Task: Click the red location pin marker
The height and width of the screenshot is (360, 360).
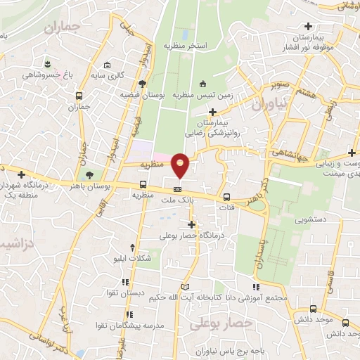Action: (181, 165)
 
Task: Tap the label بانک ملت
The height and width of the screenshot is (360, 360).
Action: (178, 202)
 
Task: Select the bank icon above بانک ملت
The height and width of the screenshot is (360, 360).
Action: (178, 189)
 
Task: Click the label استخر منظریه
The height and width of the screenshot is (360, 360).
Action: (186, 45)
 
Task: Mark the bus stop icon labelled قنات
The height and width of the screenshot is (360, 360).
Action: (226, 198)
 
